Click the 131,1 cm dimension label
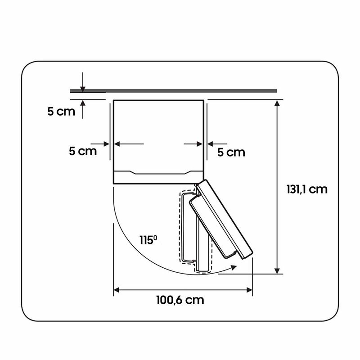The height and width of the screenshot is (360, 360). [307, 189]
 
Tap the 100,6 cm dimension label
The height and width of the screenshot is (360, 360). [180, 300]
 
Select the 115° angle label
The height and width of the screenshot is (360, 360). [148, 240]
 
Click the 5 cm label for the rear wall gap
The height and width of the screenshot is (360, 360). [61, 111]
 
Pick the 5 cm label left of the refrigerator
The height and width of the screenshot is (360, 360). [83, 151]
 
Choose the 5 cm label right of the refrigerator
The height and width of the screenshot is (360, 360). [231, 152]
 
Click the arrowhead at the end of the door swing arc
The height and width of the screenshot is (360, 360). [234, 267]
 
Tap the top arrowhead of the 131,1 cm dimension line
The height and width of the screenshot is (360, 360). [277, 103]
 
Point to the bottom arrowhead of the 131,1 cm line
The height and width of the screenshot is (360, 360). [277, 271]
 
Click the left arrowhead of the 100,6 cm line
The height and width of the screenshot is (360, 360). [117, 290]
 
